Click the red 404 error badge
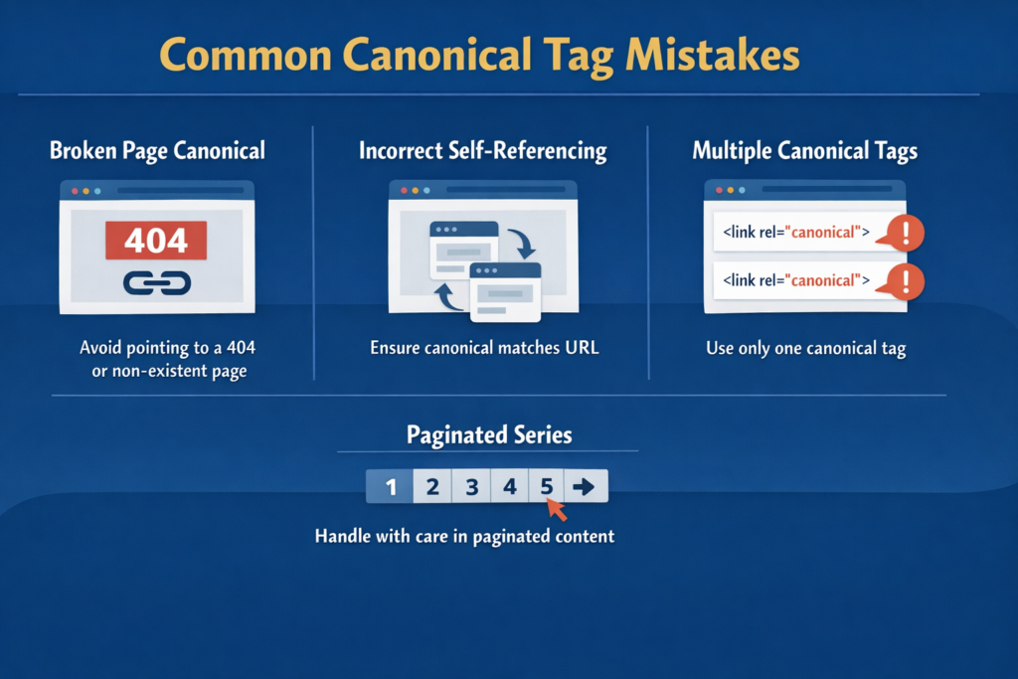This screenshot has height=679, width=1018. [x=156, y=241]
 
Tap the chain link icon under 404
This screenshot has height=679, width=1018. [x=156, y=284]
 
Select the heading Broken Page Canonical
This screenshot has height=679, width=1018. [x=157, y=151]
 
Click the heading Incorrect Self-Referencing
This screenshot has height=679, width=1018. [x=482, y=151]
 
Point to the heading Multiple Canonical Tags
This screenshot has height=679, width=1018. [x=804, y=151]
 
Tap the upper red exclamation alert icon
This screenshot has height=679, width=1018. [x=905, y=234]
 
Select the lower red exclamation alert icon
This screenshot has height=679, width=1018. [x=905, y=280]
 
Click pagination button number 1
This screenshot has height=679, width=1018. [x=391, y=487]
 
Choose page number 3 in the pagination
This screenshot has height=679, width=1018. [x=472, y=487]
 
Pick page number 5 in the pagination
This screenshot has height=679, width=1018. [x=546, y=487]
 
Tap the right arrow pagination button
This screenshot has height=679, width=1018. [x=585, y=487]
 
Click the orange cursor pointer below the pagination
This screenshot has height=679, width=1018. [x=558, y=510]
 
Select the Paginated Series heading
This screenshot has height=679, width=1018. [x=489, y=434]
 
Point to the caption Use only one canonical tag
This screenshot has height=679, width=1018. [x=805, y=349]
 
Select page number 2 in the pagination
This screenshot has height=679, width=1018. [x=432, y=487]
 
